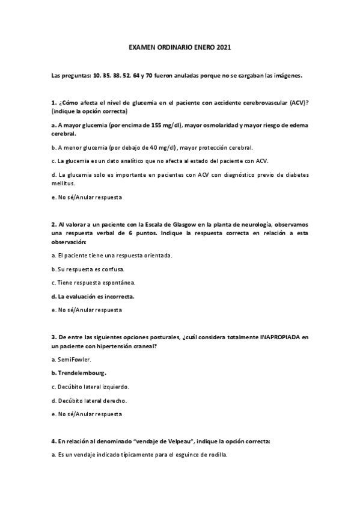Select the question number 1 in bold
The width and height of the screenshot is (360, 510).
click(x=53, y=103)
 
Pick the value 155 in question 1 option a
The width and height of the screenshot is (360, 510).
click(x=136, y=125)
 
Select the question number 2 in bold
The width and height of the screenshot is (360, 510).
click(x=53, y=225)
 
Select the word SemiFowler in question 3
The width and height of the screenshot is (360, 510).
click(x=73, y=360)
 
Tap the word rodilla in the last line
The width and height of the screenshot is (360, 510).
click(x=215, y=455)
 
